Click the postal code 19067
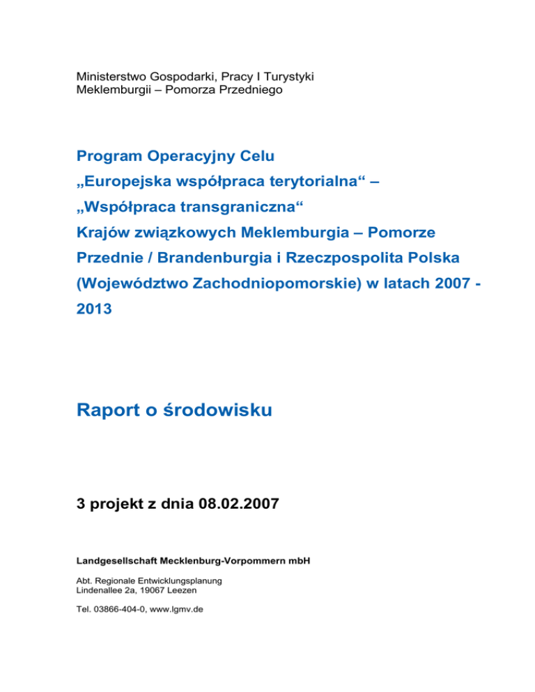(x=157, y=590)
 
